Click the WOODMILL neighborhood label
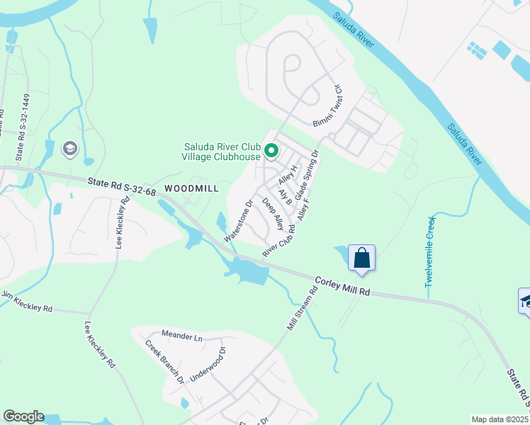(x=191, y=188)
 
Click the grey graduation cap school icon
(x=69, y=148)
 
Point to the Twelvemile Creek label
(x=429, y=251)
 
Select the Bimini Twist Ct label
(x=328, y=106)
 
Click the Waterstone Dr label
(x=239, y=220)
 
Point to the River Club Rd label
(x=278, y=242)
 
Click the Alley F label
(x=304, y=209)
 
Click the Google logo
(x=23, y=416)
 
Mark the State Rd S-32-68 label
(x=123, y=186)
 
